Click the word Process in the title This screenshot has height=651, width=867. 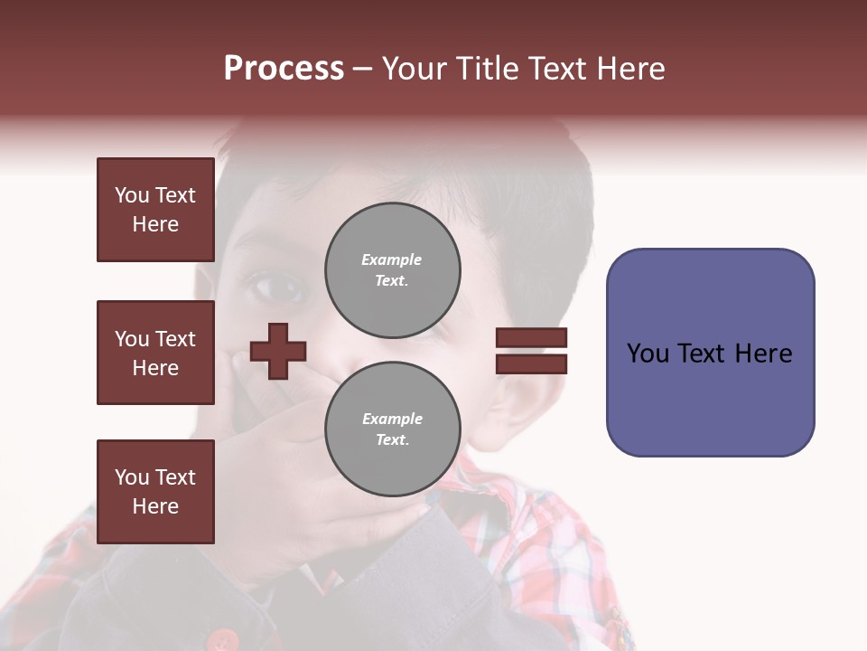[x=284, y=69]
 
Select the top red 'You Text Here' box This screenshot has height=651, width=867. [x=155, y=210]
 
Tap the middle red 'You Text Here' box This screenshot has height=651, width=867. [x=155, y=353]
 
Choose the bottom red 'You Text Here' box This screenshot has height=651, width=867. [x=155, y=492]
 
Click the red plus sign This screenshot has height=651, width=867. [x=278, y=351]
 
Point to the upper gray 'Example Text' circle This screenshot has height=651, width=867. [x=392, y=270]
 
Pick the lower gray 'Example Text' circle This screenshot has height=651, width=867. [x=392, y=429]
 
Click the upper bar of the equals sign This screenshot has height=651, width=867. [x=531, y=338]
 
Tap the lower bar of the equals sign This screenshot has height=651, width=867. [x=531, y=363]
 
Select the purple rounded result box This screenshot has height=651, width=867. [x=710, y=353]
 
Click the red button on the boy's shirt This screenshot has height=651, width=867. [x=220, y=640]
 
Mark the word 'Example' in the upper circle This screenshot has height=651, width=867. [x=392, y=259]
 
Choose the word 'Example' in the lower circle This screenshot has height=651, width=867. [x=392, y=419]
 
